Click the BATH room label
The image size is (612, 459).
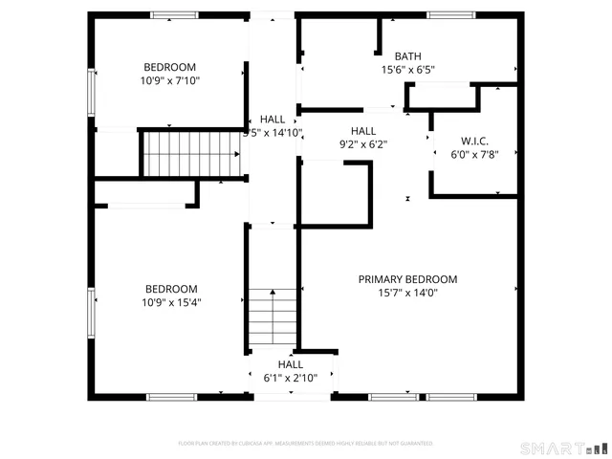pyautogui.click(x=407, y=56)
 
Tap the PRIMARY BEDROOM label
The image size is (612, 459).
pyautogui.click(x=407, y=279)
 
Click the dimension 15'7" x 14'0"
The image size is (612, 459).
pyautogui.click(x=407, y=294)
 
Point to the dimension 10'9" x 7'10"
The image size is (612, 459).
pyautogui.click(x=170, y=81)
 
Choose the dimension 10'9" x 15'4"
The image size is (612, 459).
pyautogui.click(x=171, y=303)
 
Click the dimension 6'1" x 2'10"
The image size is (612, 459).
pyautogui.click(x=291, y=379)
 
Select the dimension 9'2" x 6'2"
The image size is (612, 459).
pyautogui.click(x=363, y=145)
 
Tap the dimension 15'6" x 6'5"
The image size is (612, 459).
pyautogui.click(x=407, y=70)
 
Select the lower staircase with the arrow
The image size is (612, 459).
pyautogui.click(x=273, y=320)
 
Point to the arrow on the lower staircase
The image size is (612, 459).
pyautogui.click(x=273, y=293)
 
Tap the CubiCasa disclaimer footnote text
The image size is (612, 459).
pyautogui.click(x=306, y=444)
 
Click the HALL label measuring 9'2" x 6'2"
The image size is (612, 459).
pyautogui.click(x=363, y=131)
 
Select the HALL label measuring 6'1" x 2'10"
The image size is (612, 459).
pyautogui.click(x=291, y=364)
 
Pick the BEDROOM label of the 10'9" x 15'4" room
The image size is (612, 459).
pyautogui.click(x=171, y=289)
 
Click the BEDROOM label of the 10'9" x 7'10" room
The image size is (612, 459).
pyautogui.click(x=170, y=67)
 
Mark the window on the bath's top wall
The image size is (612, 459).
pyautogui.click(x=450, y=15)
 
